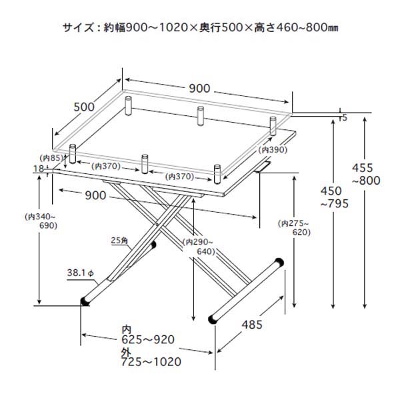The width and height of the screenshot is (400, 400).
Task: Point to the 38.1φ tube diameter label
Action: (x=81, y=273)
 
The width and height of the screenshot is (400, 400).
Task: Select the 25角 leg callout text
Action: (x=120, y=241)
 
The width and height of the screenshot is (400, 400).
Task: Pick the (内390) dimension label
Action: (x=273, y=150)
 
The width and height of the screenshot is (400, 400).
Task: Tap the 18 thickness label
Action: (x=38, y=169)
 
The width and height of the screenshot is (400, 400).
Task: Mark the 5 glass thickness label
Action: (x=344, y=118)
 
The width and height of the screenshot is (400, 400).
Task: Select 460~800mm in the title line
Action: (x=308, y=28)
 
